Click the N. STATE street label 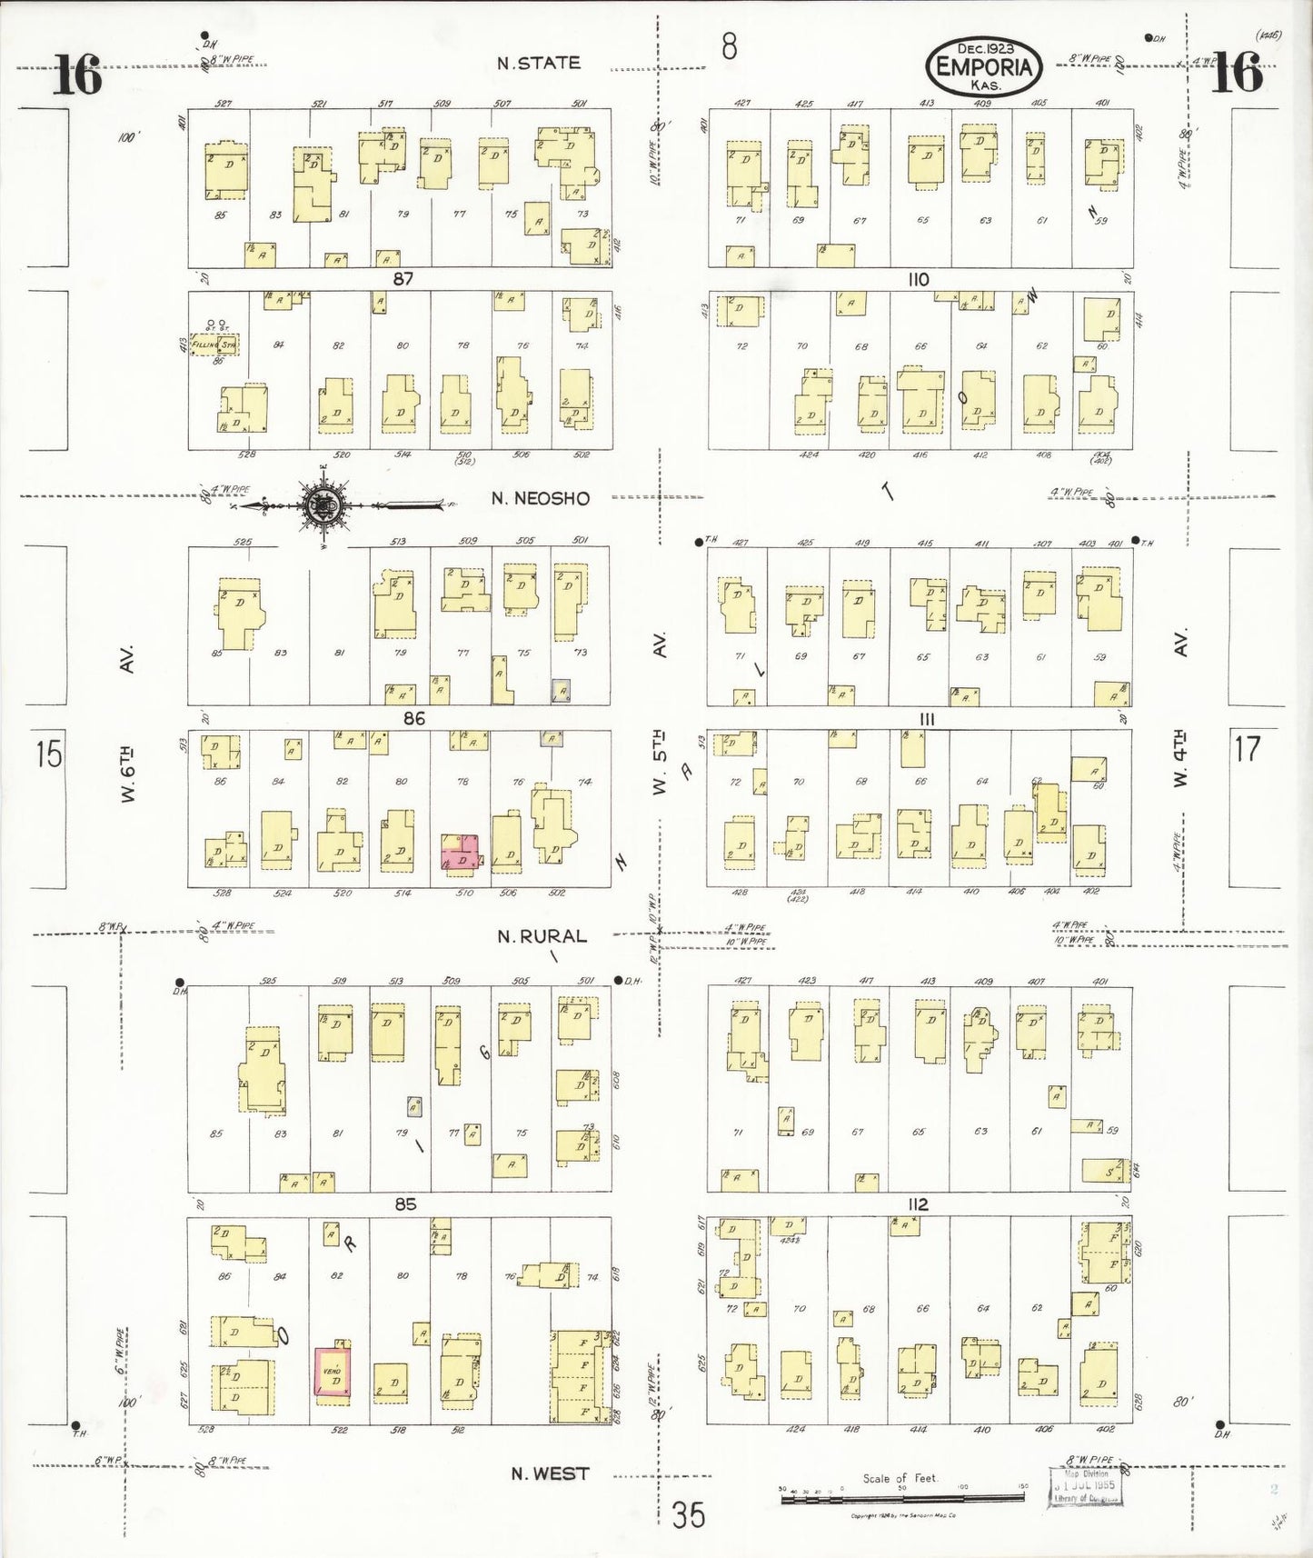pyautogui.click(x=538, y=63)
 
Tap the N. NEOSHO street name pyautogui.click(x=540, y=498)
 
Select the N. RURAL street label pyautogui.click(x=542, y=935)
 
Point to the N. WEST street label pyautogui.click(x=549, y=1473)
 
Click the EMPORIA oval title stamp pyautogui.click(x=984, y=66)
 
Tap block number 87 pyautogui.click(x=403, y=279)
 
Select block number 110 pyautogui.click(x=919, y=279)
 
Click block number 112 pyautogui.click(x=919, y=1204)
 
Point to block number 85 pyautogui.click(x=405, y=1203)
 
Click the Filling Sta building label pyautogui.click(x=214, y=345)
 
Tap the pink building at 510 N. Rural pyautogui.click(x=460, y=853)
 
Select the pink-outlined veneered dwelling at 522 pyautogui.click(x=332, y=1373)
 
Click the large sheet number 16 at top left pyautogui.click(x=76, y=75)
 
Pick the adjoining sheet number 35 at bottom pyautogui.click(x=688, y=1515)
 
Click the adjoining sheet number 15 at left pyautogui.click(x=49, y=754)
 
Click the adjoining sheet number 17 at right pyautogui.click(x=1248, y=748)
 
